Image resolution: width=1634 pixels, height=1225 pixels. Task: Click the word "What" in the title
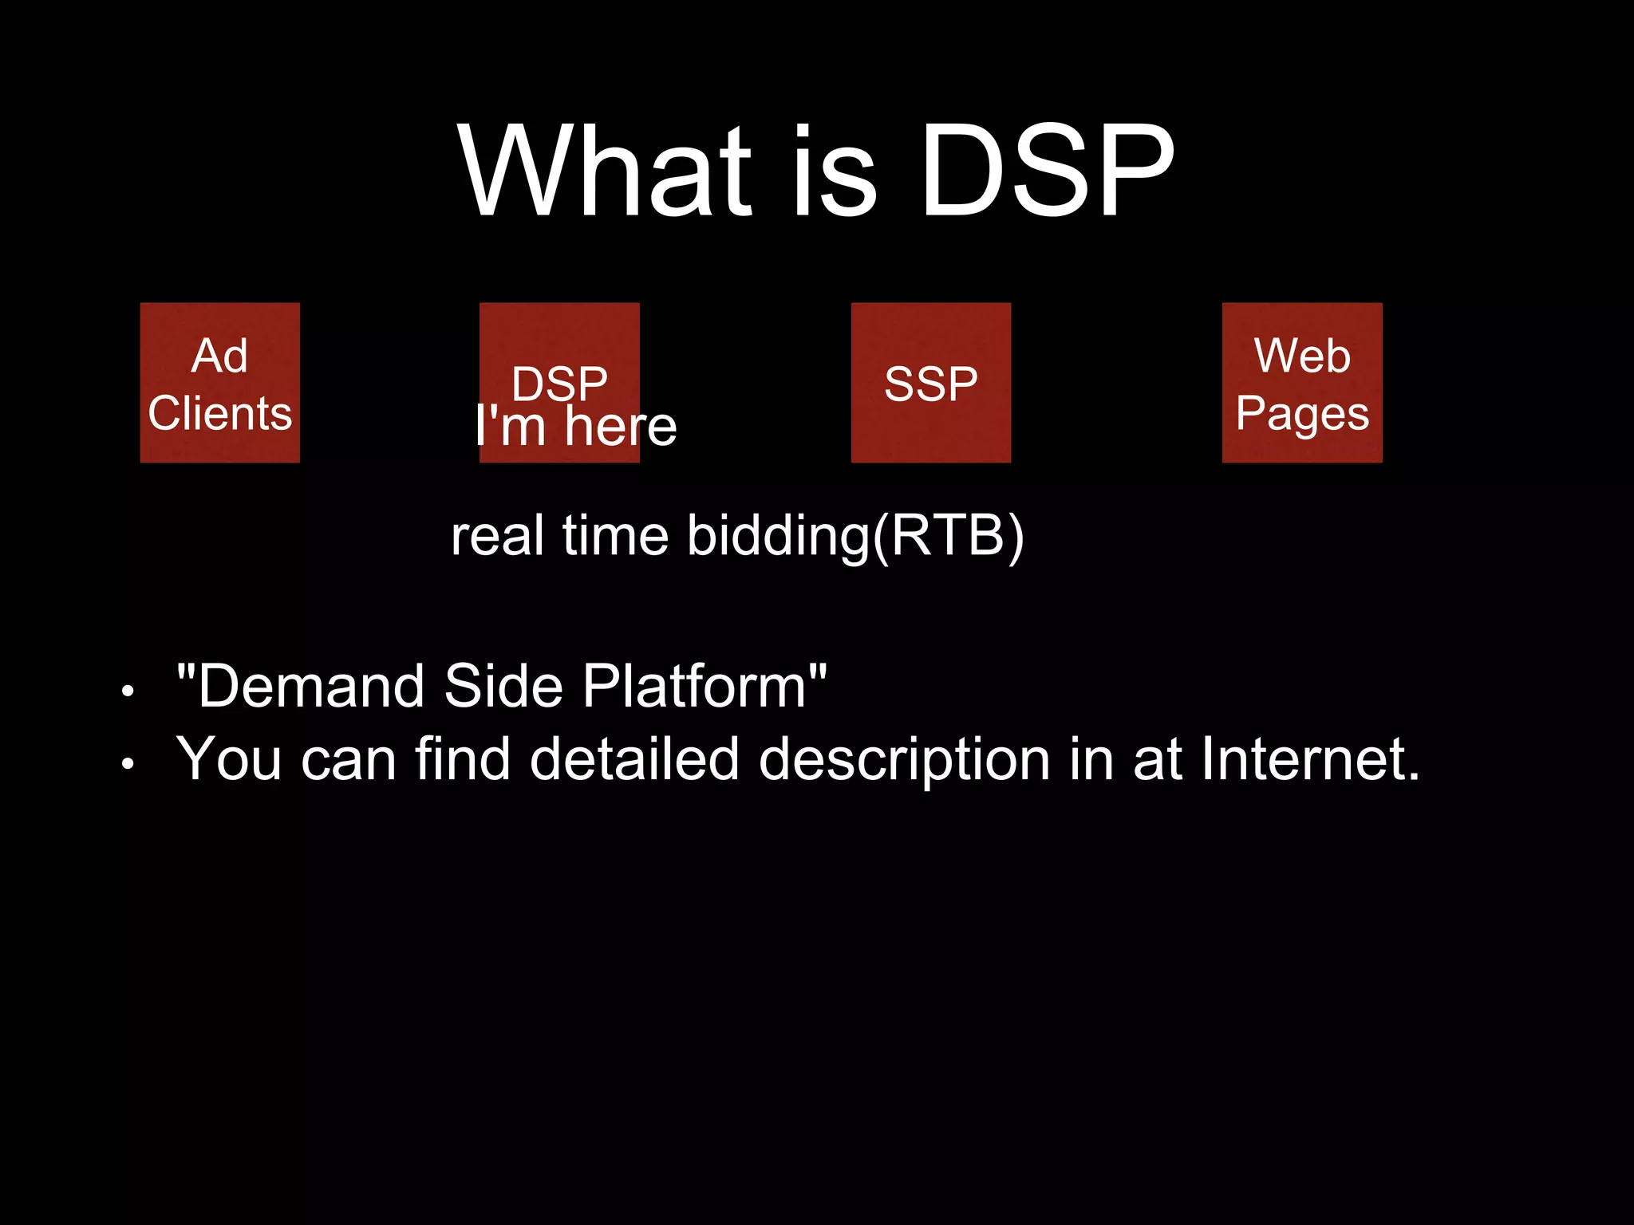click(x=605, y=171)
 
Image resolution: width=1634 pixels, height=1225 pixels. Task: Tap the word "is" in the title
click(x=835, y=171)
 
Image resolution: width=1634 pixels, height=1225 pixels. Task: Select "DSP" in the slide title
click(x=1047, y=171)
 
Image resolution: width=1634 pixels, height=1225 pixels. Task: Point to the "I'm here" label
click(x=575, y=426)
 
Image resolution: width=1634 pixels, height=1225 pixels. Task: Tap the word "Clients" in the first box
click(x=219, y=413)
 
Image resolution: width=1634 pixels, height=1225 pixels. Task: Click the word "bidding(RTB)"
click(x=855, y=536)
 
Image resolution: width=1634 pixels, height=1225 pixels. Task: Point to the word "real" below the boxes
click(x=497, y=536)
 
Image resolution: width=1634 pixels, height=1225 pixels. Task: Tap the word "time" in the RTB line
click(x=615, y=536)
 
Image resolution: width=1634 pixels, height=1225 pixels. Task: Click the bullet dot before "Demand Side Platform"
click(x=128, y=691)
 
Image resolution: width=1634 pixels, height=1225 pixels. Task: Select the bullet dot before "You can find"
click(x=128, y=764)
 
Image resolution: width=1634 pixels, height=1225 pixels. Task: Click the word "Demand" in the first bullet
click(x=311, y=686)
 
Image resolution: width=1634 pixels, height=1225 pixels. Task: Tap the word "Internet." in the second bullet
click(x=1310, y=758)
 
